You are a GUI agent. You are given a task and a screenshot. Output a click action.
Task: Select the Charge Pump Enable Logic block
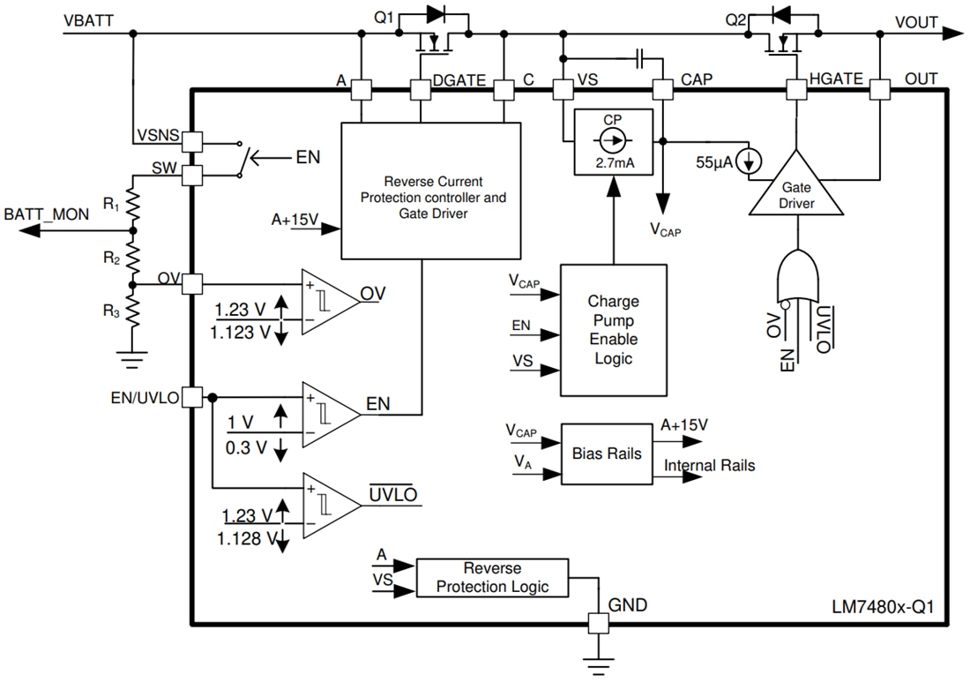click(x=613, y=329)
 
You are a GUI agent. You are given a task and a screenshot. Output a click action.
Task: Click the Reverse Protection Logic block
click(x=492, y=577)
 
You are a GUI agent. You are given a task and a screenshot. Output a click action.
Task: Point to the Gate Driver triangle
click(x=796, y=188)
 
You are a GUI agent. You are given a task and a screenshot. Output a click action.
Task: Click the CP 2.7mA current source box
click(x=613, y=140)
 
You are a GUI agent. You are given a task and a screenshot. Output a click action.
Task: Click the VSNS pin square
click(x=191, y=140)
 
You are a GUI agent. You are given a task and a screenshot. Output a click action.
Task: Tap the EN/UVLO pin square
click(x=191, y=398)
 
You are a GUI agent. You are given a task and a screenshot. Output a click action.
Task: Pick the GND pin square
click(x=599, y=623)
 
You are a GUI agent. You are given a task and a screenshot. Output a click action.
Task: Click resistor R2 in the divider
click(x=132, y=257)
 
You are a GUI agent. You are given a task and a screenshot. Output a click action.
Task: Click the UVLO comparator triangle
click(x=329, y=504)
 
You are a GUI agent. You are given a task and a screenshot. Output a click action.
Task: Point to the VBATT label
click(x=88, y=19)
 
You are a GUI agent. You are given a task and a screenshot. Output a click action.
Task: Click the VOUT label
click(x=916, y=22)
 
